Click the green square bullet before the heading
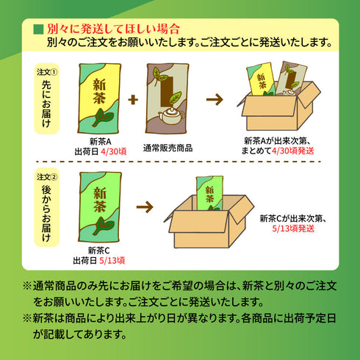pyautogui.click(x=38, y=29)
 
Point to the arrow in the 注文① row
pyautogui.click(x=215, y=99)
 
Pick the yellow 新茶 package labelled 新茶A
pyautogui.click(x=99, y=98)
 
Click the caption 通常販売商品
pyautogui.click(x=168, y=148)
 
